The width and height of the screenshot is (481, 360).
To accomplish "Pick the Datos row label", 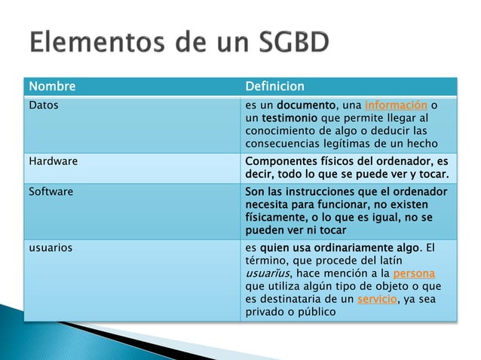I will click(x=43, y=105).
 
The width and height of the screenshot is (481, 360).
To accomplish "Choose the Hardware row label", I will click(x=53, y=160).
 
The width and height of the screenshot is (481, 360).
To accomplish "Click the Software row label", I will click(x=51, y=191).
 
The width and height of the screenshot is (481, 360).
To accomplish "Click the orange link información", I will click(x=396, y=105).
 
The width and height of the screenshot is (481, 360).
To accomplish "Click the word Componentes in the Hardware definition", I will click(x=283, y=160).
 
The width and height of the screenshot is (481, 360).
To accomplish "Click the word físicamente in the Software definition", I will click(x=277, y=218).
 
